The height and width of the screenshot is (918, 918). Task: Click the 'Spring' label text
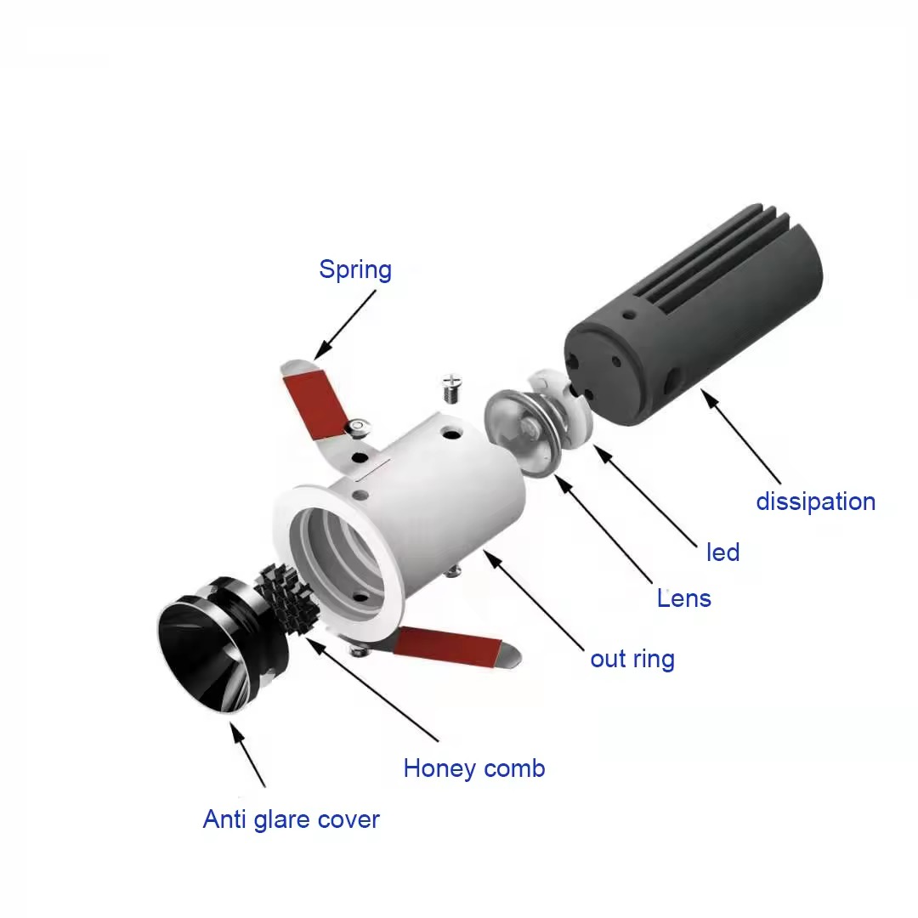355,270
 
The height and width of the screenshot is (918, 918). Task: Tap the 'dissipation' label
815,501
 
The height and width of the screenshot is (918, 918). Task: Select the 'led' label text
723,552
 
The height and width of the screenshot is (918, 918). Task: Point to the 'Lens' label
683,598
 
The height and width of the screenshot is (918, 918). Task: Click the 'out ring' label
632,660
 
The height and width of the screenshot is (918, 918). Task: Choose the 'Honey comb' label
474,768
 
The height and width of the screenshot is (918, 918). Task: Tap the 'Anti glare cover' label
291,819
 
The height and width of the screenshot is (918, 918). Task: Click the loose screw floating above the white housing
451,388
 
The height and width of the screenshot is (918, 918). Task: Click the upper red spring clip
316,404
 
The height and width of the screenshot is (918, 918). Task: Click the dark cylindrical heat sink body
694,315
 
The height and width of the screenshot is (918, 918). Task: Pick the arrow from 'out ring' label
533,600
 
